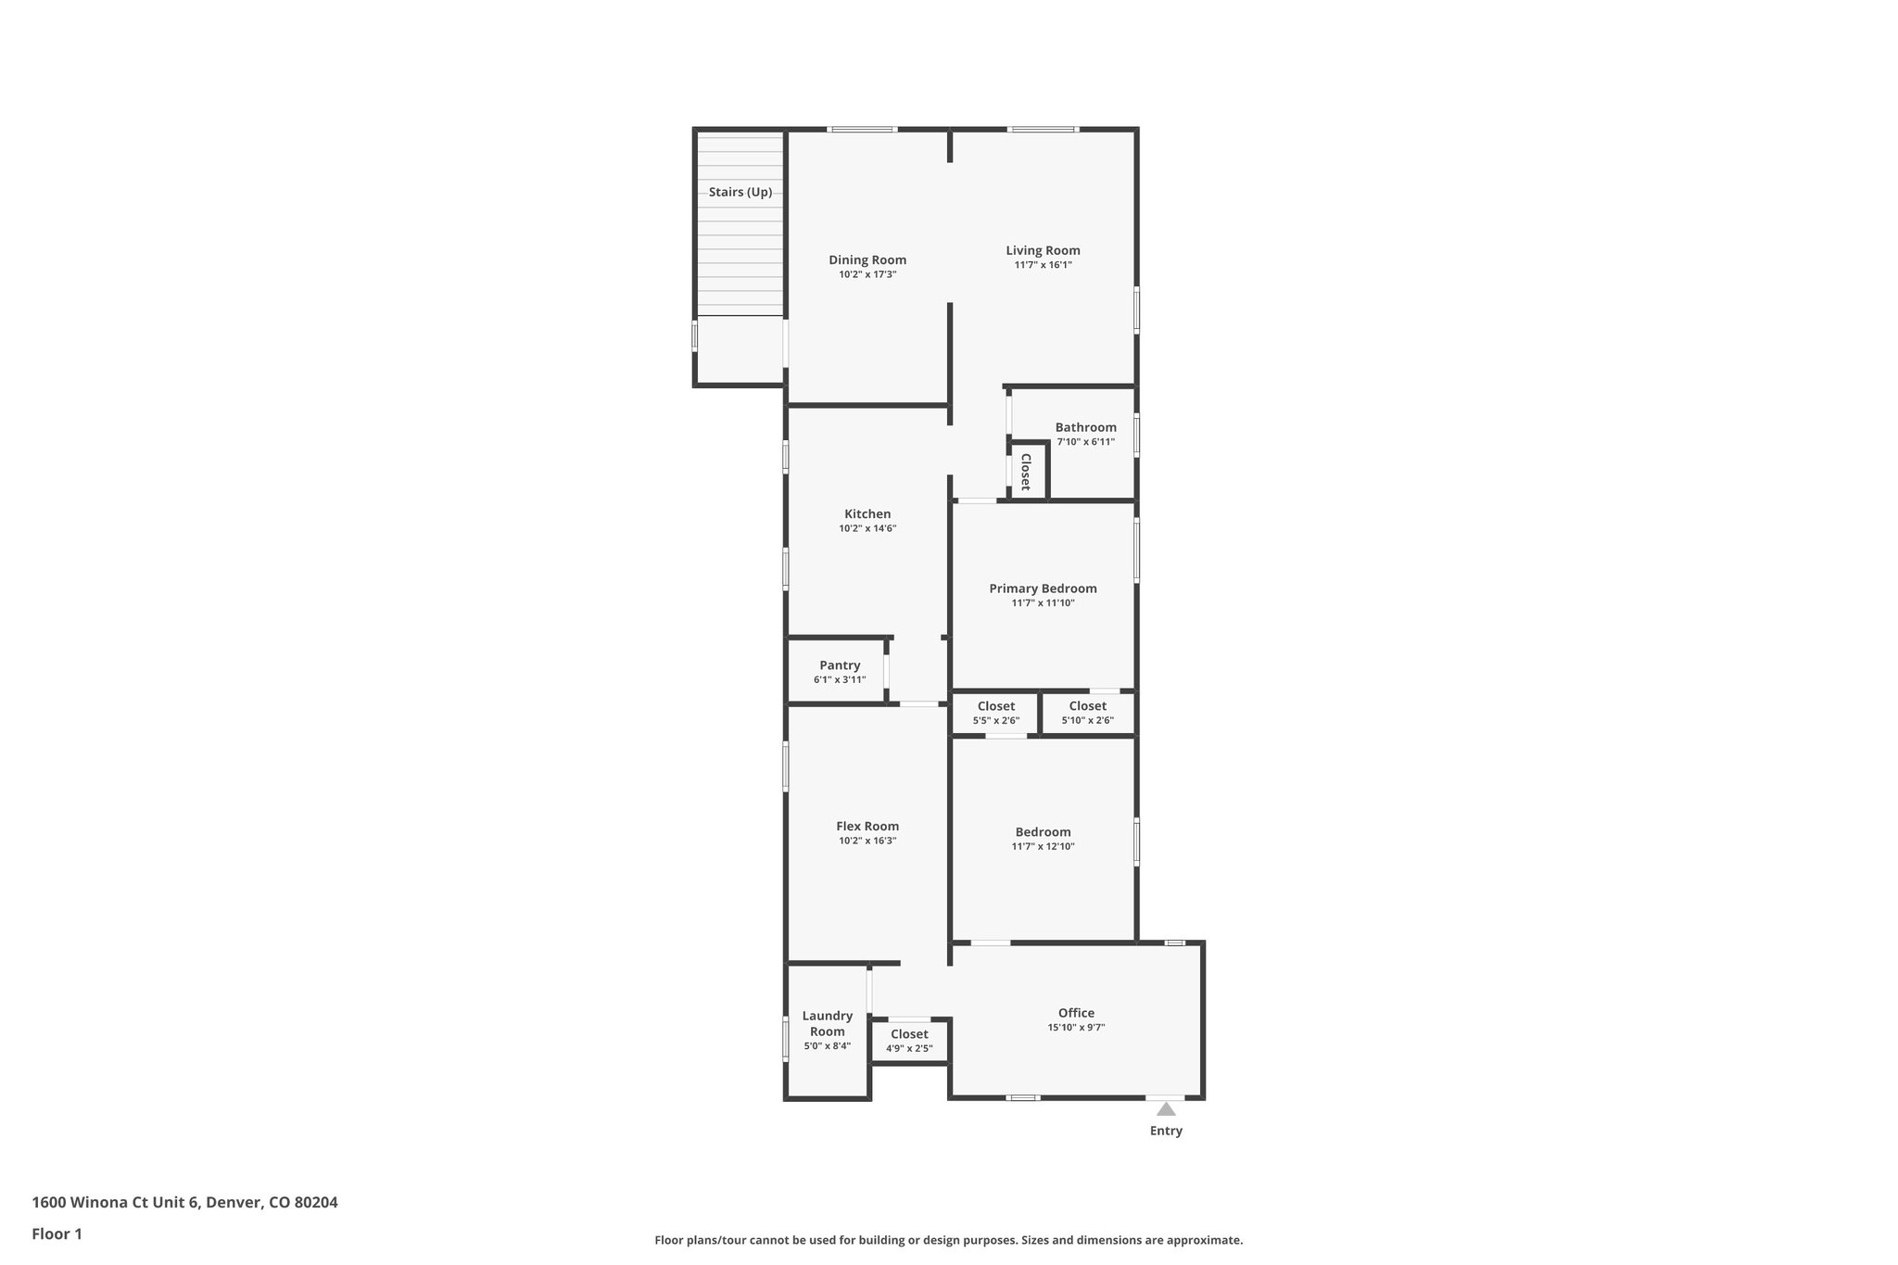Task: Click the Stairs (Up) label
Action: pyautogui.click(x=740, y=193)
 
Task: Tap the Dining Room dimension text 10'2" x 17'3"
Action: pyautogui.click(x=867, y=275)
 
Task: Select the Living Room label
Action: pyautogui.click(x=1043, y=250)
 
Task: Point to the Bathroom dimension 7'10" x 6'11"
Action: pyautogui.click(x=1085, y=442)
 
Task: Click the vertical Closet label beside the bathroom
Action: pyautogui.click(x=1026, y=472)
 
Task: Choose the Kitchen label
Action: pyautogui.click(x=867, y=514)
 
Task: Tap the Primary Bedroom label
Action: pyautogui.click(x=1043, y=588)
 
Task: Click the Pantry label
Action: pyautogui.click(x=840, y=665)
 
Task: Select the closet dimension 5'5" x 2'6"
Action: pyautogui.click(x=995, y=721)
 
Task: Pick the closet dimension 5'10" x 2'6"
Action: pyautogui.click(x=1087, y=721)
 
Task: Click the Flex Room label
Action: pyautogui.click(x=867, y=827)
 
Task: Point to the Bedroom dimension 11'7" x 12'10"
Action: pyautogui.click(x=1043, y=847)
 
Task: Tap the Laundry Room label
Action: pyautogui.click(x=827, y=1023)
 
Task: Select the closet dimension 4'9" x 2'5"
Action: pyautogui.click(x=909, y=1049)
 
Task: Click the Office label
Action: pyautogui.click(x=1076, y=1013)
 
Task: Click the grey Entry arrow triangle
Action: pyautogui.click(x=1166, y=1109)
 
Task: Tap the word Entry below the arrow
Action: pyautogui.click(x=1166, y=1131)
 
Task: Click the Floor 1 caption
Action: pyautogui.click(x=57, y=1234)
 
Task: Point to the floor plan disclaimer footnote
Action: pyautogui.click(x=948, y=1240)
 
